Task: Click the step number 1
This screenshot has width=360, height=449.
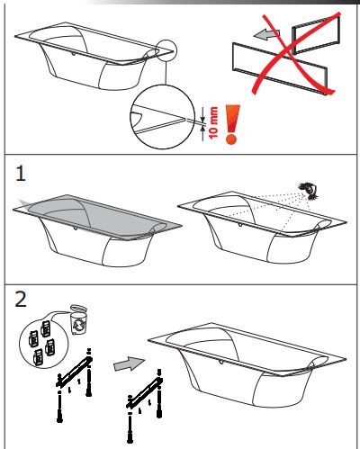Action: (21, 174)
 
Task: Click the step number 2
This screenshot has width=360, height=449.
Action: (21, 299)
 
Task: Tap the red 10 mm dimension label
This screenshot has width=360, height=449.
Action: (213, 122)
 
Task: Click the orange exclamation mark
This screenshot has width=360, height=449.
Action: (232, 124)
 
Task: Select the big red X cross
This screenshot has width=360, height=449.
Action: (295, 53)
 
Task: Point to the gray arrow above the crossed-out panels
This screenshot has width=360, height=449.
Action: (266, 34)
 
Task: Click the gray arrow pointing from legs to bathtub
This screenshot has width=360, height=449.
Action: (129, 364)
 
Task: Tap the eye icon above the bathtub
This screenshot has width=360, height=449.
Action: (309, 191)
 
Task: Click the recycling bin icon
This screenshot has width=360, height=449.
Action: (78, 319)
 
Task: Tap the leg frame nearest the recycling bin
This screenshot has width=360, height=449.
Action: (75, 385)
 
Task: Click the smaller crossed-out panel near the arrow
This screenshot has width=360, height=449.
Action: (316, 34)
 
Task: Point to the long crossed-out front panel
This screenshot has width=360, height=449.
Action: (280, 68)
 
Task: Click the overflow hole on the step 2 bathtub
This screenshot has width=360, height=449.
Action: (221, 362)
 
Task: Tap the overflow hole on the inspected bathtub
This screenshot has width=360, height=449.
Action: (239, 224)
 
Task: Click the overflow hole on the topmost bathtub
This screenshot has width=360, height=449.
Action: (74, 54)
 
